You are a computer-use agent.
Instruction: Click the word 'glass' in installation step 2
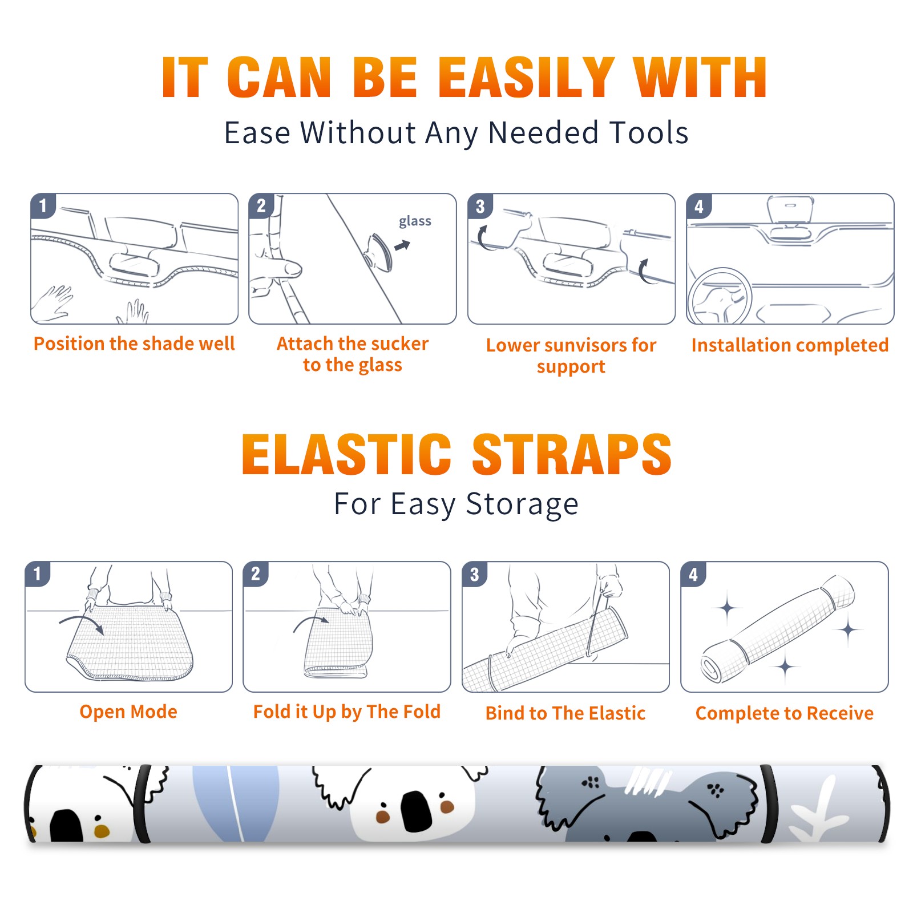(415, 221)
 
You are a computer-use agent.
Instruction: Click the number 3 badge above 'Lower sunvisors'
(480, 206)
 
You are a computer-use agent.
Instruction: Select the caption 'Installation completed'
(790, 345)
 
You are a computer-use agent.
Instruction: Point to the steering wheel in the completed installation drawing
(719, 297)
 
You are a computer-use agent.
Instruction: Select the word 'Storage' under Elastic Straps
(522, 504)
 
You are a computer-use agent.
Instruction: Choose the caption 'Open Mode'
(128, 712)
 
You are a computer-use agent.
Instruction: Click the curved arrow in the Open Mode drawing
(81, 623)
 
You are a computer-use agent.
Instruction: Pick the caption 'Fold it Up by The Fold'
(347, 712)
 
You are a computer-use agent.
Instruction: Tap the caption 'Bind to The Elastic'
(565, 713)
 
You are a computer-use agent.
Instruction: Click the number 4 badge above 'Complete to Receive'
(693, 574)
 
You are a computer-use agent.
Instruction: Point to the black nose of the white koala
(417, 811)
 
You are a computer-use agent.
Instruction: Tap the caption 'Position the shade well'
(134, 344)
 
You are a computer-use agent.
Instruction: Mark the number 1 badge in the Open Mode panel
(38, 574)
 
